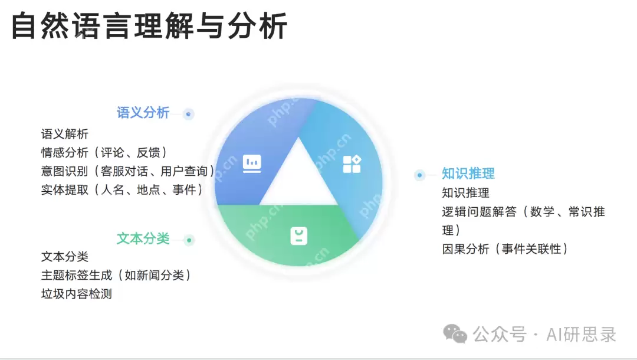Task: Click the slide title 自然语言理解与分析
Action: pos(149,26)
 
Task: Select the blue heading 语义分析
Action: pos(143,113)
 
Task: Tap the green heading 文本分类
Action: pos(143,238)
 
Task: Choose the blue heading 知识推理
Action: pos(468,174)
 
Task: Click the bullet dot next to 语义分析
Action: pos(188,114)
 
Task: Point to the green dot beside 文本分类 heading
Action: pos(189,240)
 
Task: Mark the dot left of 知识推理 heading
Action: pos(419,175)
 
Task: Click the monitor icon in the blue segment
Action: pos(252,163)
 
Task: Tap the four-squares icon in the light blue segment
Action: pos(352,164)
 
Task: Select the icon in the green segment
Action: pos(299,235)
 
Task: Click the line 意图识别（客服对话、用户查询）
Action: pos(128,171)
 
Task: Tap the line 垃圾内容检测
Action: pos(77,293)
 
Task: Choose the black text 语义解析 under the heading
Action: pos(65,135)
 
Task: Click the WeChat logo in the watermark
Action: pos(455,334)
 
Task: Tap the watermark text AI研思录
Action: pos(581,335)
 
